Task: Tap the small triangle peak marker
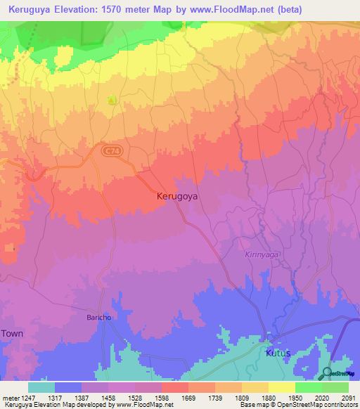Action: tap(111, 100)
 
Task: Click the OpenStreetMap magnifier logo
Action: tap(327, 374)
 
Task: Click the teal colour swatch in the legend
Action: tap(41, 387)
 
